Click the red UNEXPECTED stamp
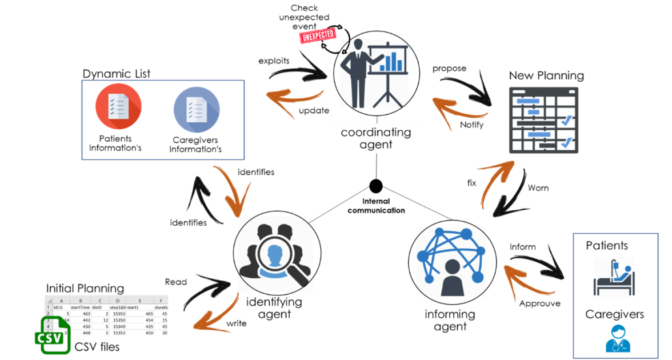pyautogui.click(x=318, y=36)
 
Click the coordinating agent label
pyautogui.click(x=375, y=138)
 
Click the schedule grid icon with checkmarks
pyautogui.click(x=543, y=120)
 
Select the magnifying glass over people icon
pyautogui.click(x=275, y=254)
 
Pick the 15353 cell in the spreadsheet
pyautogui.click(x=118, y=314)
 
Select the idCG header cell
pyautogui.click(x=57, y=307)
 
